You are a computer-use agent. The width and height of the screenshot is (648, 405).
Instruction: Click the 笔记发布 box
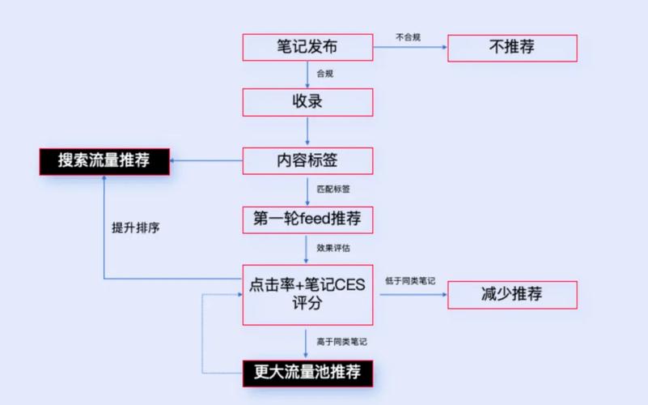coord(307,47)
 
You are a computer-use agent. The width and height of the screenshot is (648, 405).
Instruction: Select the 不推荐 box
coord(512,47)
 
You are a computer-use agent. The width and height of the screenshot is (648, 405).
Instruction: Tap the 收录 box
coord(307,102)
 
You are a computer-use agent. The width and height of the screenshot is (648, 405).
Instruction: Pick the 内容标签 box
coord(307,160)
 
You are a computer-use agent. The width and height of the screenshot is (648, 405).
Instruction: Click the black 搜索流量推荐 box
coord(104,160)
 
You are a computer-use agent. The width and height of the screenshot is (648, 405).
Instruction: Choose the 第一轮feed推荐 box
coord(307,219)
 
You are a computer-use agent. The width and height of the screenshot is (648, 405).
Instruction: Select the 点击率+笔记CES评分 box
coord(307,294)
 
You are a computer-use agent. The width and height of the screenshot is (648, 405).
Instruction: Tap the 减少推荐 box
coord(512,294)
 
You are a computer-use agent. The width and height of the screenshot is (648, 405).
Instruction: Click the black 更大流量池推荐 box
coord(307,373)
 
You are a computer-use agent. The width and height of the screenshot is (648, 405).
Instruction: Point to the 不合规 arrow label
coord(408,36)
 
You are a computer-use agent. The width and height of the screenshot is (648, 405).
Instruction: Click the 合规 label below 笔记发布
coord(325,74)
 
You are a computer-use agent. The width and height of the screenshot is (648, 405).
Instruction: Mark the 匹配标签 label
coord(333,189)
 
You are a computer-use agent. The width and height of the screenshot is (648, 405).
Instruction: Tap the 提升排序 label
coord(135,228)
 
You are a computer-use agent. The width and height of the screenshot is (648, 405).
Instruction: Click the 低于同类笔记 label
coord(410,280)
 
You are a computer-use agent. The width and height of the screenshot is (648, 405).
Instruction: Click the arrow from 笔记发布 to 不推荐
coord(410,48)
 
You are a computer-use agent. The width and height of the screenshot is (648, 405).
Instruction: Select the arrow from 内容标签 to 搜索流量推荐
coord(206,160)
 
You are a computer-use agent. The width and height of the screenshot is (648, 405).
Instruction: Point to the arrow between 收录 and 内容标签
coord(307,132)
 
